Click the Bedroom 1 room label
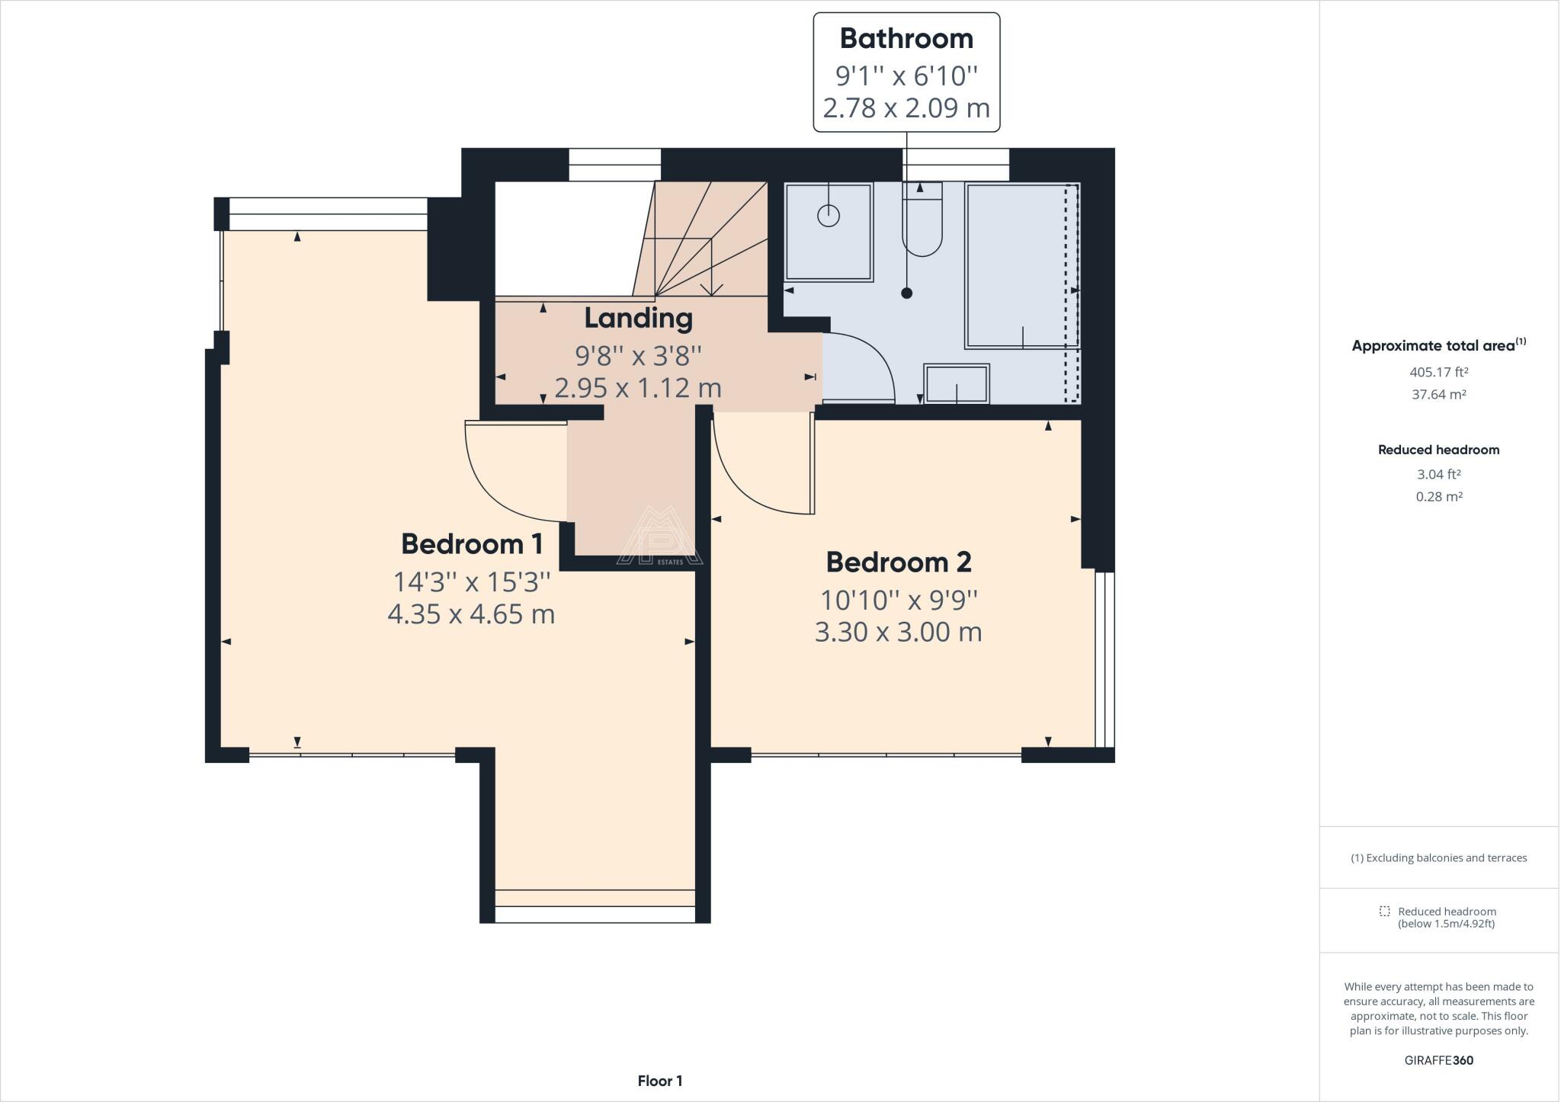click(472, 544)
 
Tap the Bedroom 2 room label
click(899, 562)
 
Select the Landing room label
click(638, 319)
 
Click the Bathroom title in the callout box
click(906, 38)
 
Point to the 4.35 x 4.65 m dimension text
click(471, 613)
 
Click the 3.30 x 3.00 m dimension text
click(899, 632)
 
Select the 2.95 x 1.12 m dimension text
click(638, 388)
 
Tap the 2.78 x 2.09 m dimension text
click(906, 107)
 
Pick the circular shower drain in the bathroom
click(829, 216)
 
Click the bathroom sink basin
click(957, 383)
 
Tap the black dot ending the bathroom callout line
click(906, 293)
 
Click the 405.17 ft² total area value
click(1439, 372)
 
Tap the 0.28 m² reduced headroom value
click(1439, 496)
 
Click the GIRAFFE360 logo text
click(1439, 1060)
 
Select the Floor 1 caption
click(660, 1081)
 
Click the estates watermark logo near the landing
click(659, 537)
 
